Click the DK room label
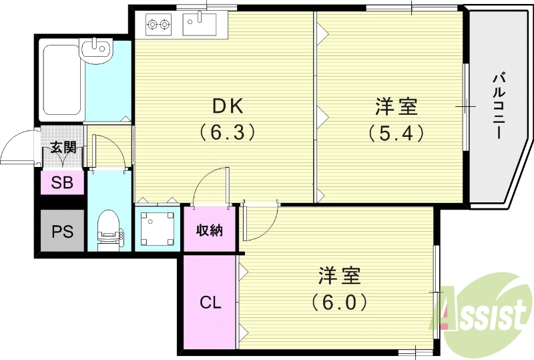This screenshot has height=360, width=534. [228, 107]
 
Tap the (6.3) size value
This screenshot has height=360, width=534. [228, 133]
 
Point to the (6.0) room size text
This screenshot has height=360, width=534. [339, 302]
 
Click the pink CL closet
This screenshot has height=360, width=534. [210, 302]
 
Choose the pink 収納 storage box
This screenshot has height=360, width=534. [209, 230]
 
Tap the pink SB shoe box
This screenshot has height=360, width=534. [63, 182]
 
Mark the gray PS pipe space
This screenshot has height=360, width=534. [63, 230]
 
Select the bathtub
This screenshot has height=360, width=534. [61, 79]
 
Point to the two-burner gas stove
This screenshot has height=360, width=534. [157, 26]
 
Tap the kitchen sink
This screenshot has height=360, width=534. [199, 25]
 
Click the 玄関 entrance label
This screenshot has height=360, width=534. [63, 147]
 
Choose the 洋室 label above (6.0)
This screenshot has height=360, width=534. [339, 275]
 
